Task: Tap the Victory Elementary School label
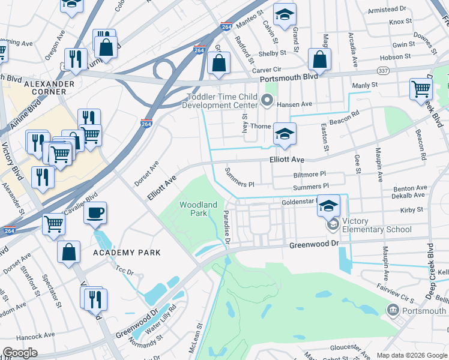click(376, 225)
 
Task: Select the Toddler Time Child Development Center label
click(223, 101)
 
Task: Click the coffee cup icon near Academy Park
click(95, 212)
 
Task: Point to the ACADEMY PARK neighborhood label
click(127, 253)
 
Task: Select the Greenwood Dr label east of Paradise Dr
click(314, 245)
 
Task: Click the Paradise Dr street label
click(227, 228)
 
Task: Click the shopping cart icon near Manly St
click(421, 89)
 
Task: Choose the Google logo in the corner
click(20, 353)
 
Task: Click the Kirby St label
click(412, 210)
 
